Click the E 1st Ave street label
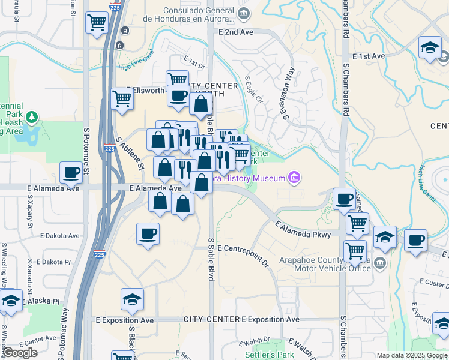click(x=369, y=56)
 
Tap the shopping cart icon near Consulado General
click(x=97, y=23)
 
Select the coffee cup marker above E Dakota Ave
click(x=148, y=234)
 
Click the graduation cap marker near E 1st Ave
click(x=430, y=49)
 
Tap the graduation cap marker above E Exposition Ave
click(x=132, y=299)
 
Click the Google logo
click(x=20, y=353)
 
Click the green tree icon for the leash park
click(x=35, y=115)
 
